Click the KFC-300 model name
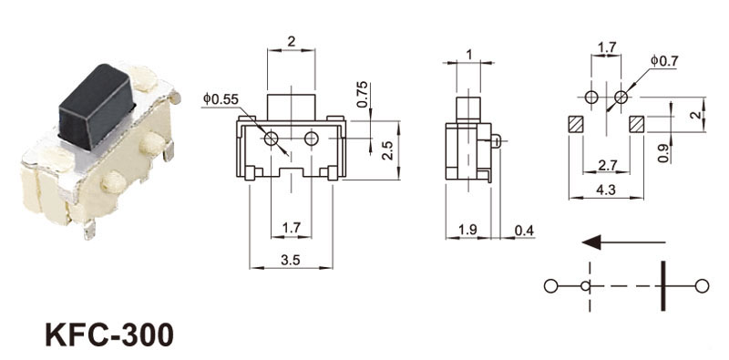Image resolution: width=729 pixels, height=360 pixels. [109, 334]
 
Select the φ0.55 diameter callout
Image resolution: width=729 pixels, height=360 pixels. [221, 99]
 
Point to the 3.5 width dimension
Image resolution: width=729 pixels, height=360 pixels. [291, 261]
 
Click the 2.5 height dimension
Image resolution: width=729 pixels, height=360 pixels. [387, 150]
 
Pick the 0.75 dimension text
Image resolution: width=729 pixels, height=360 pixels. [362, 95]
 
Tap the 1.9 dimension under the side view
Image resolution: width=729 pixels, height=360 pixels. [467, 231]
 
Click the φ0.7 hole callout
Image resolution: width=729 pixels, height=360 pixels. [664, 61]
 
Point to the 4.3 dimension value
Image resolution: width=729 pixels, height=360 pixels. [606, 190]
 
